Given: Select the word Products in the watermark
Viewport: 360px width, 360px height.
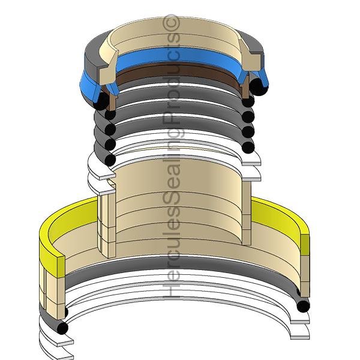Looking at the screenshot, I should click(x=175, y=78).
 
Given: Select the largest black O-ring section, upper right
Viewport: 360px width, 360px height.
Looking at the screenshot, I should click(x=260, y=88).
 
